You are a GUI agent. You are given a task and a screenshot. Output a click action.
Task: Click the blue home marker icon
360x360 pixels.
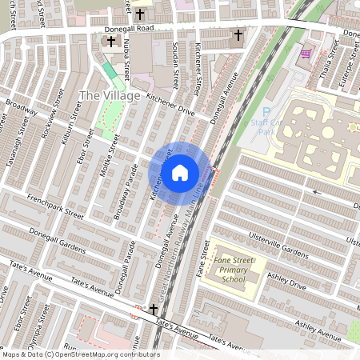(x=180, y=171)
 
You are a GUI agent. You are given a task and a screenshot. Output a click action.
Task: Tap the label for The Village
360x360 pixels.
(x=110, y=96)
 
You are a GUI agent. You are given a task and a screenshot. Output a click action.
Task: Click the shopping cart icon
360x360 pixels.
(x=306, y=54)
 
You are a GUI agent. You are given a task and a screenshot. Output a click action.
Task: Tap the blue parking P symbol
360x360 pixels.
(x=266, y=113)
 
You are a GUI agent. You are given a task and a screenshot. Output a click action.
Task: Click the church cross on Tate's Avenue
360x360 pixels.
(x=153, y=309)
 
